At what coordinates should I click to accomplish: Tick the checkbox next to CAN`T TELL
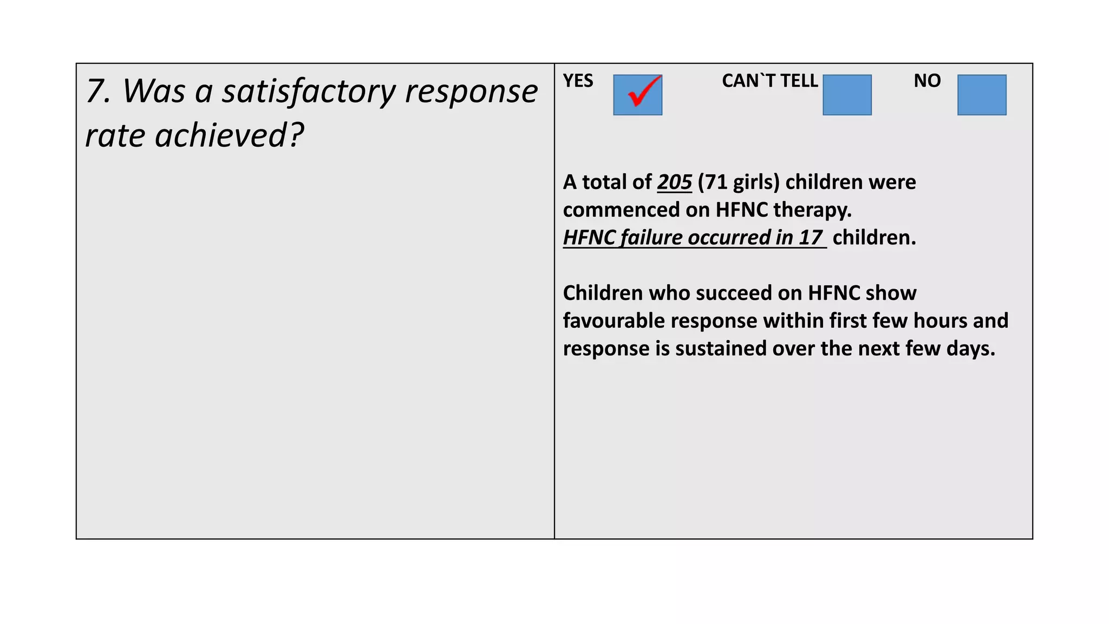847,95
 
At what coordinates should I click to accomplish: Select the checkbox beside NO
982,95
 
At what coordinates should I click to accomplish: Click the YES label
578,81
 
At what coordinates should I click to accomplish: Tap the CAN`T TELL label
769,81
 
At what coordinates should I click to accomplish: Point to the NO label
927,81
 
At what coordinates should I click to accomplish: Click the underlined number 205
674,182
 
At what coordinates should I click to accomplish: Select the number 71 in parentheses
715,182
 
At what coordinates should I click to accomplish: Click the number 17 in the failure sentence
810,237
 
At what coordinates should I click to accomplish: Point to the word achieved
223,135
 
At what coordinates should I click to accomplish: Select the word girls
753,182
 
